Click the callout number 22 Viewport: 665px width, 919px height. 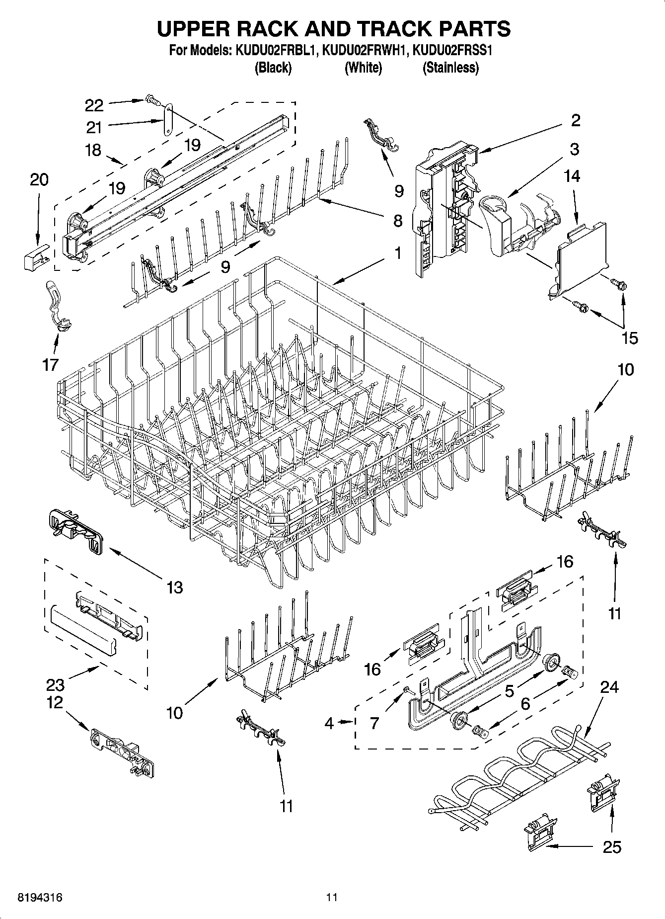94,105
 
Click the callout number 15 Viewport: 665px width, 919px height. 630,338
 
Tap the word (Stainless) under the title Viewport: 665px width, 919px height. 450,68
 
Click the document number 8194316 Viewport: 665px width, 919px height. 40,898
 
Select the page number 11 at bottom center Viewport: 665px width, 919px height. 332,898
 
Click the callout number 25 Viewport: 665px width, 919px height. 611,847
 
